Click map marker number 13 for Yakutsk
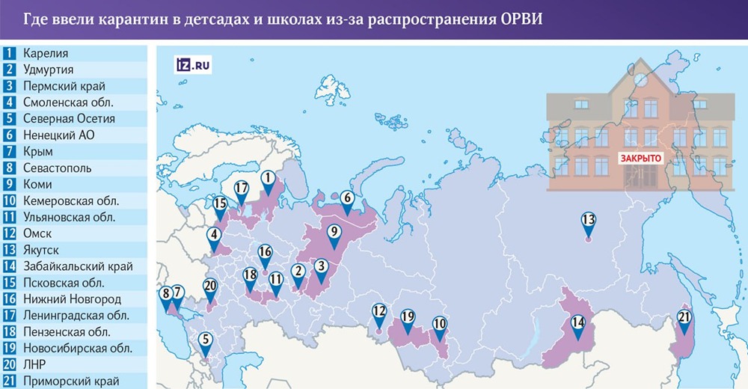tap(588, 221)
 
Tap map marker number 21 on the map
tap(683, 318)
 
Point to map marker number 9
tap(334, 232)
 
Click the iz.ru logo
tap(192, 64)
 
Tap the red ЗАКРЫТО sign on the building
tap(640, 159)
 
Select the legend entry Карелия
tap(46, 53)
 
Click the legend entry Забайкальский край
tap(78, 266)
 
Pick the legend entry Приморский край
tap(71, 381)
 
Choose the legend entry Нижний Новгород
tap(72, 299)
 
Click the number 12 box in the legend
tap(10, 233)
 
